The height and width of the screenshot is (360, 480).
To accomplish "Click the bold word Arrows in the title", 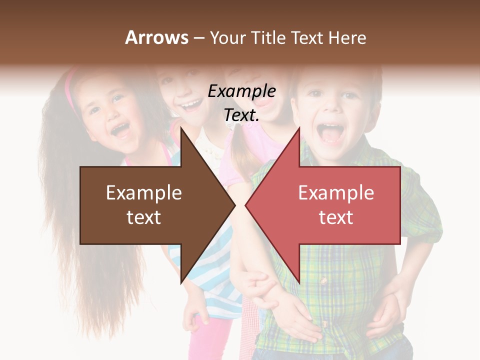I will coord(156,37).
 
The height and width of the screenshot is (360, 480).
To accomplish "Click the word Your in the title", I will coord(227,38).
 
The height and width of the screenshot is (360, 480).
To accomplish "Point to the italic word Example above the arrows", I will coord(241,91).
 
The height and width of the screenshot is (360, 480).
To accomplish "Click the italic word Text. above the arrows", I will coord(241,115).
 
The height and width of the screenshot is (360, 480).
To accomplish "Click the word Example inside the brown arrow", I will coord(144,193).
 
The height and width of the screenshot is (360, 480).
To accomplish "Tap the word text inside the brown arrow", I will coord(144,217).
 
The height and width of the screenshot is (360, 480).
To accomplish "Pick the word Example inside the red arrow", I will coord(336,193).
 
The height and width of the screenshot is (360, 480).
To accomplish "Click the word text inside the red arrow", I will coord(336,217).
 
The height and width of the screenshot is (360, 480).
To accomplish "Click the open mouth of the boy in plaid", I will coord(330,132).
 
